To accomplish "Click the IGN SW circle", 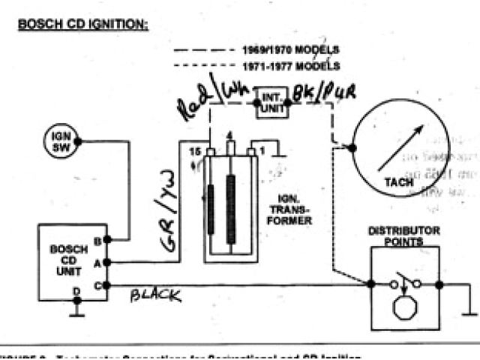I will (x=60, y=140).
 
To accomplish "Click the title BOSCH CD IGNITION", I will (x=83, y=25).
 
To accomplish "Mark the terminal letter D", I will (x=76, y=291).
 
